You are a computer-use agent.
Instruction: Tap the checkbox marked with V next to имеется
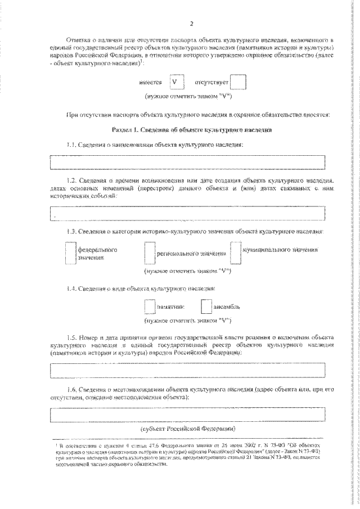point(177,82)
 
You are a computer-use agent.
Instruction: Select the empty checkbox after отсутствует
point(238,83)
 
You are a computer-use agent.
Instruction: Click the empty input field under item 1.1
point(188,162)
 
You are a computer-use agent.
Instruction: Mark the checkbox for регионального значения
point(149,253)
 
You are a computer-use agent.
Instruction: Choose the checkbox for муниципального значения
point(236,252)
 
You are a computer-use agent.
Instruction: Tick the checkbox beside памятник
point(150,307)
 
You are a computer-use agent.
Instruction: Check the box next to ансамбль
point(206,307)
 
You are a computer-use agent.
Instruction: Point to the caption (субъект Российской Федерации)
point(188,427)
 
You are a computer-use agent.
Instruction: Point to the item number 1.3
point(71,231)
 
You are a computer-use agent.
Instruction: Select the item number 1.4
point(71,289)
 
